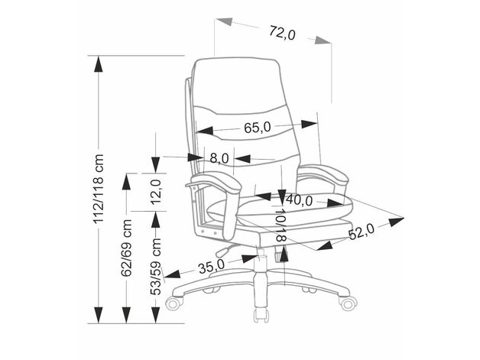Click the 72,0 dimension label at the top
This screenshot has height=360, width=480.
click(x=283, y=33)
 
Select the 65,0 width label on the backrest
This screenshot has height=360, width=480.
click(x=258, y=128)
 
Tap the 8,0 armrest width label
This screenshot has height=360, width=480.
click(x=219, y=158)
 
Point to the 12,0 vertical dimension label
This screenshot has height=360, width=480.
click(x=156, y=192)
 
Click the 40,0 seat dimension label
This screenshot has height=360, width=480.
click(x=299, y=200)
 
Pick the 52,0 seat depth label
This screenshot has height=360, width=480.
click(x=362, y=232)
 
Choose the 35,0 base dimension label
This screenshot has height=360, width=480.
click(x=212, y=267)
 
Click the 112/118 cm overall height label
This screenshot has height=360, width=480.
click(x=99, y=189)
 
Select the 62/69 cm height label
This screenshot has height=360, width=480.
click(x=126, y=248)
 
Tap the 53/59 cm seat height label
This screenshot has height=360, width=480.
click(x=156, y=267)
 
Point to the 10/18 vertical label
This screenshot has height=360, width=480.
click(x=281, y=225)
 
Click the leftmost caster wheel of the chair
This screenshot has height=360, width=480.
click(x=174, y=303)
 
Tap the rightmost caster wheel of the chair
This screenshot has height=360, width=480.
click(x=348, y=303)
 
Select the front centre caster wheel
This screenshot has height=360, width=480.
click(x=261, y=315)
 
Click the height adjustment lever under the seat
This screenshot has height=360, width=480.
click(x=225, y=249)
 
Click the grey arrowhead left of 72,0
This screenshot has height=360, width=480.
click(x=225, y=22)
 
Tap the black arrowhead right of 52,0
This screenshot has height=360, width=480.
click(x=397, y=221)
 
